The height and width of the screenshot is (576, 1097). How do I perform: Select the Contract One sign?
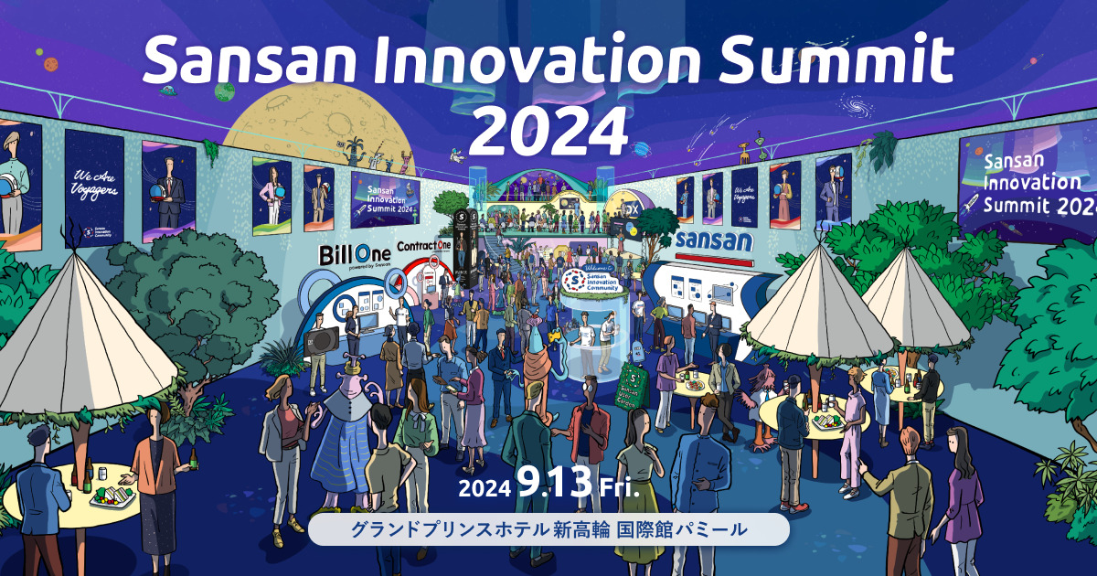point(425,248)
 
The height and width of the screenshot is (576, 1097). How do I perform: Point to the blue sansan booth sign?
point(714,241)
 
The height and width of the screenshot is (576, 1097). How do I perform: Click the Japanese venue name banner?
point(548,528)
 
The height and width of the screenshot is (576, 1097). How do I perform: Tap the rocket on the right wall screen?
point(975,204)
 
